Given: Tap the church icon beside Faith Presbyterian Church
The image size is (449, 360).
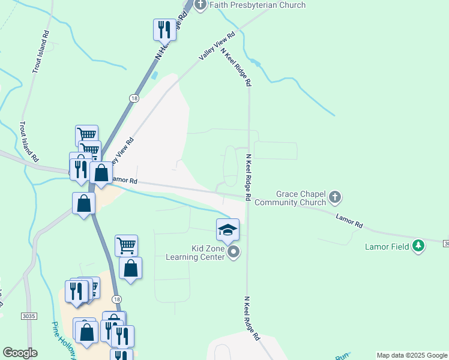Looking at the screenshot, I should (x=200, y=5).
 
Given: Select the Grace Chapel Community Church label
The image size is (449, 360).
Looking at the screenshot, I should (x=292, y=198).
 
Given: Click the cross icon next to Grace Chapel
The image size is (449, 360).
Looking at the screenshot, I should (x=336, y=196).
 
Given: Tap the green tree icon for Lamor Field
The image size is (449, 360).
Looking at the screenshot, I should (x=418, y=246).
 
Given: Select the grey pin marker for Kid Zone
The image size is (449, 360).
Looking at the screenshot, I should (x=234, y=253).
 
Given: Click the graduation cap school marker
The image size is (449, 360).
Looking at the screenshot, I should (x=228, y=229).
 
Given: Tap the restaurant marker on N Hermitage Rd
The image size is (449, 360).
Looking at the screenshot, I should (x=163, y=29).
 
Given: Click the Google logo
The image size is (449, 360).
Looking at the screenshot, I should (x=20, y=353).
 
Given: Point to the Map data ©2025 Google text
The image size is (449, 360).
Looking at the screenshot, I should (x=411, y=355).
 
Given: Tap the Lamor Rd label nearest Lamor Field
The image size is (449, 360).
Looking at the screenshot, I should (x=349, y=221).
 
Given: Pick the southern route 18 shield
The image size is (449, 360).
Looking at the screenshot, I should (x=116, y=299).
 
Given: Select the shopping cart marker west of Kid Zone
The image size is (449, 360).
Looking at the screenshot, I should (x=126, y=245).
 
